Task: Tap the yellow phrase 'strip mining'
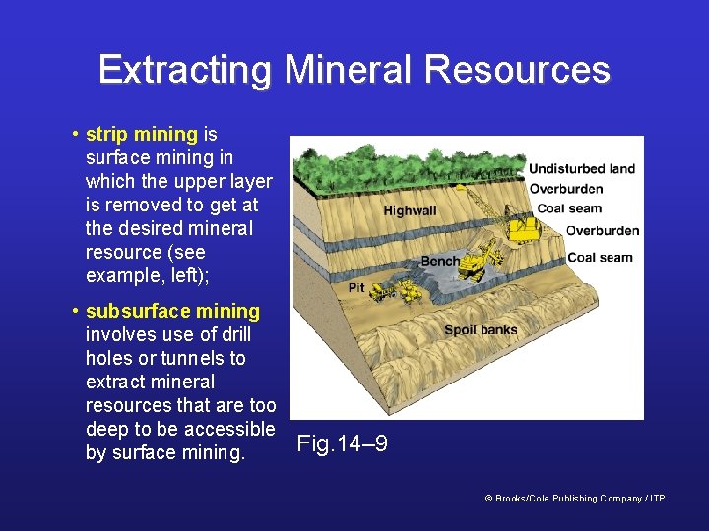(142, 134)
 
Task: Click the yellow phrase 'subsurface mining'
(172, 311)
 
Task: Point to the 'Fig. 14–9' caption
(343, 443)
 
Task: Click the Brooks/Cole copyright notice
(575, 499)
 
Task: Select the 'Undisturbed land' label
(582, 168)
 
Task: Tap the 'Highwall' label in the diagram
(411, 210)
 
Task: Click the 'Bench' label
(439, 261)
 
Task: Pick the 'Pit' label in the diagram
(356, 288)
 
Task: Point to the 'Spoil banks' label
(481, 330)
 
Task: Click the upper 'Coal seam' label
(569, 207)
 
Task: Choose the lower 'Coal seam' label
(600, 258)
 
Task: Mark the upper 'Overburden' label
(566, 188)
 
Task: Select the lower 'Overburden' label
(603, 231)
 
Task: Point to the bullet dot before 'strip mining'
(75, 134)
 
